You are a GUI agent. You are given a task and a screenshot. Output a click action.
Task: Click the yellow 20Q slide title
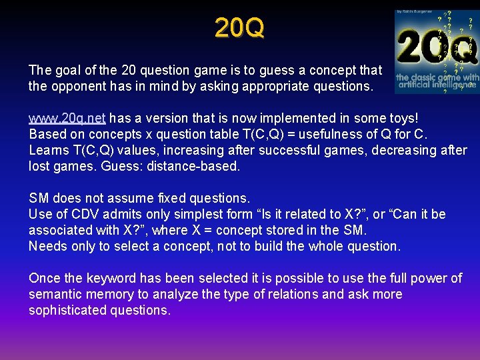tap(239, 28)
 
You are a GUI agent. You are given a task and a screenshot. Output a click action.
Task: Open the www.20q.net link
tap(67, 119)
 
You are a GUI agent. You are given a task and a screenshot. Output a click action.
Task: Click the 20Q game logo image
tap(436, 51)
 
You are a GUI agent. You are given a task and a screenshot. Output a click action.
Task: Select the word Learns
tap(47, 150)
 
